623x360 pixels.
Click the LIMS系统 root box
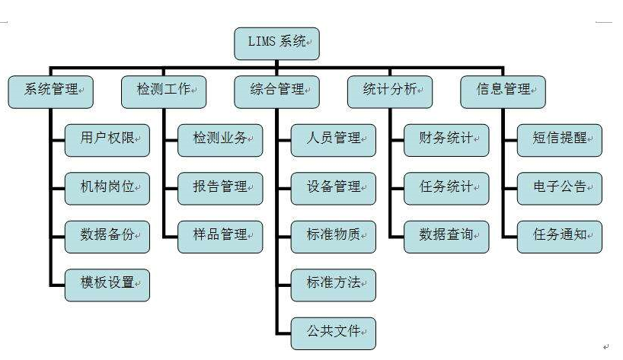pyautogui.click(x=276, y=43)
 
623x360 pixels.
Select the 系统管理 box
pyautogui.click(x=51, y=91)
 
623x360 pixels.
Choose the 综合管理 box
pyautogui.click(x=276, y=91)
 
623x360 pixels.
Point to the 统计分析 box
pyautogui.click(x=389, y=91)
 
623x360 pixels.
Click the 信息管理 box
pyautogui.click(x=503, y=91)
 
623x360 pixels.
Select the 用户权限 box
pyautogui.click(x=107, y=140)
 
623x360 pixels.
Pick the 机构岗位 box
pyautogui.click(x=107, y=187)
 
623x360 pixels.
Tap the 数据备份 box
pyautogui.click(x=107, y=236)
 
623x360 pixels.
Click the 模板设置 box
pyautogui.click(x=107, y=284)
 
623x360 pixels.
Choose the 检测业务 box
pyautogui.click(x=220, y=140)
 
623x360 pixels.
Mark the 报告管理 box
pyautogui.click(x=220, y=187)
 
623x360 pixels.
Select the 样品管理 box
pyautogui.click(x=220, y=236)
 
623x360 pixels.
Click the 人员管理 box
pyautogui.click(x=334, y=140)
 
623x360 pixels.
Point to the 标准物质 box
pyautogui.click(x=334, y=236)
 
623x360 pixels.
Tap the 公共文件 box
pyautogui.click(x=334, y=333)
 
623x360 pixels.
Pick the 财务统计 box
pyautogui.click(x=446, y=140)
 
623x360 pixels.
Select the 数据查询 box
pyautogui.click(x=446, y=236)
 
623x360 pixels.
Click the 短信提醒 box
pyautogui.click(x=559, y=140)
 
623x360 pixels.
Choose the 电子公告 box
pyautogui.click(x=559, y=187)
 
